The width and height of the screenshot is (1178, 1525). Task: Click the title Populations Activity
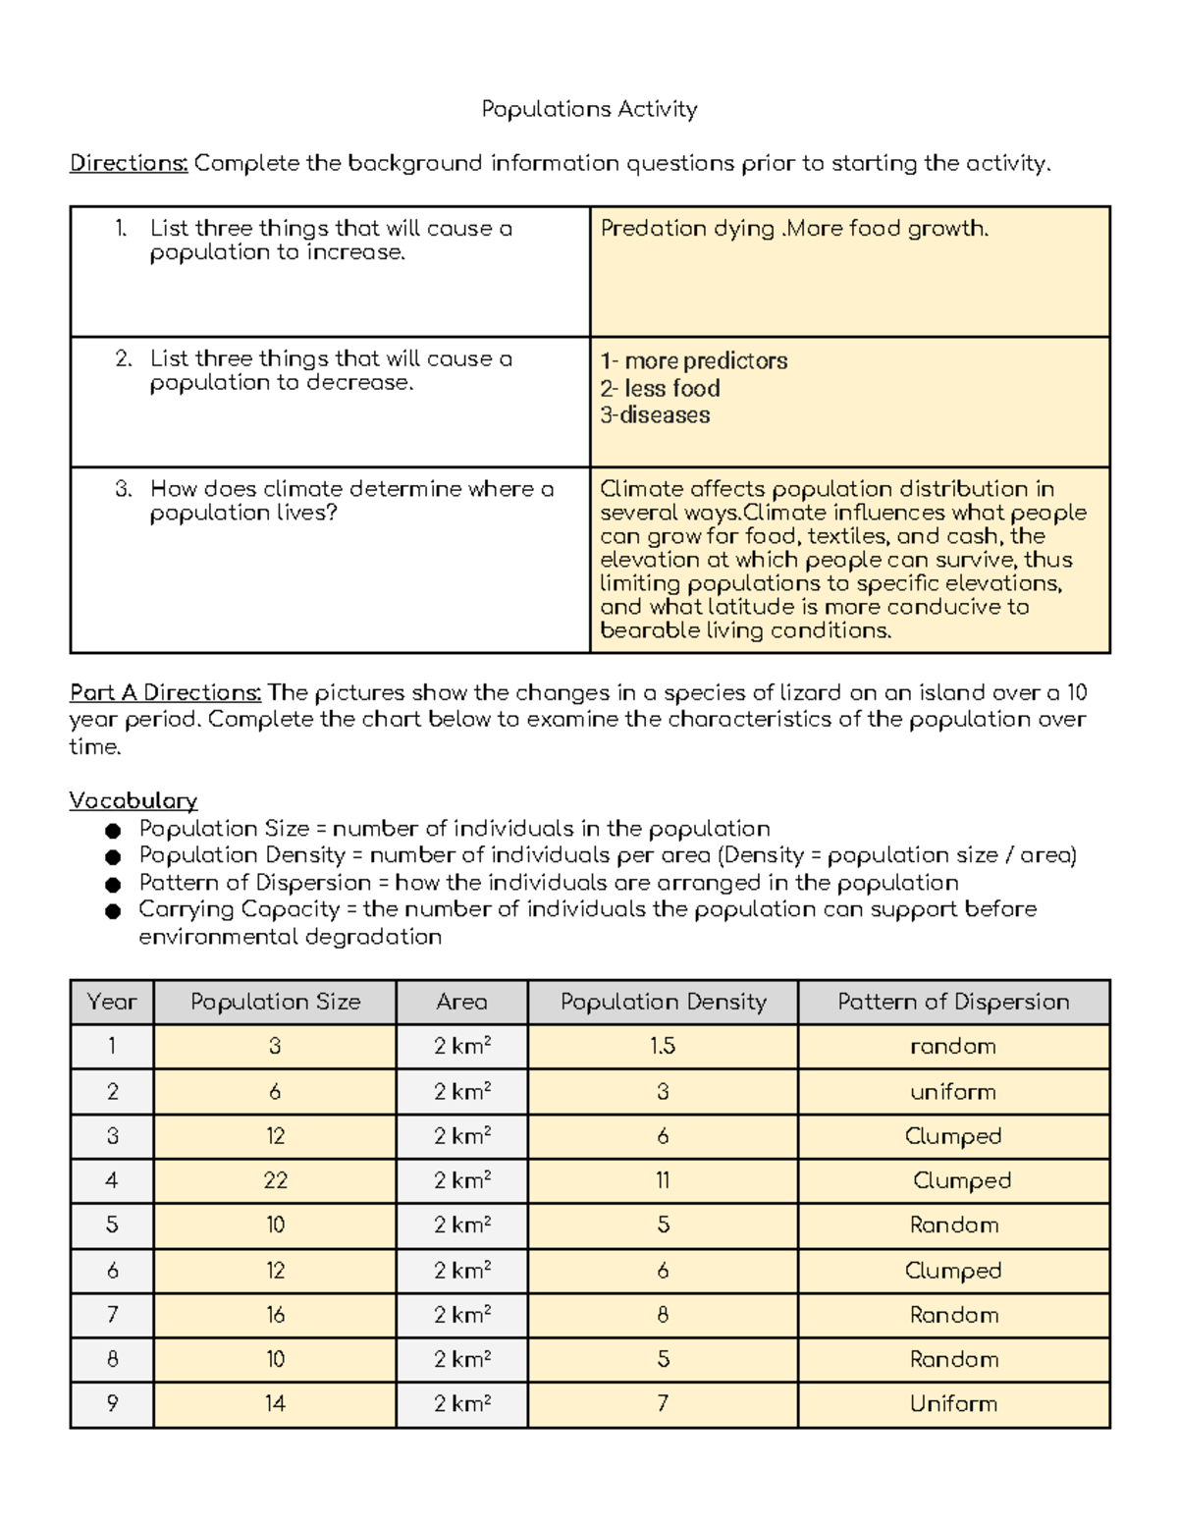click(x=589, y=109)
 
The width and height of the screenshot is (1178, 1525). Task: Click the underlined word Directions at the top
click(x=128, y=163)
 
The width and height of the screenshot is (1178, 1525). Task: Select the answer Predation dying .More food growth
click(x=794, y=229)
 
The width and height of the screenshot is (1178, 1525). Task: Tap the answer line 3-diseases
click(x=655, y=415)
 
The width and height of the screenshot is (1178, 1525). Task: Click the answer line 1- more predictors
click(x=693, y=361)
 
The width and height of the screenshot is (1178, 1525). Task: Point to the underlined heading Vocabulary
click(x=133, y=800)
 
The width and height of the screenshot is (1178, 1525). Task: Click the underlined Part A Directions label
click(x=165, y=692)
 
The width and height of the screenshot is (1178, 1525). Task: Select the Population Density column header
click(x=663, y=1002)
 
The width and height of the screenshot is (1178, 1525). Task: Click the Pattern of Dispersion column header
click(x=953, y=1002)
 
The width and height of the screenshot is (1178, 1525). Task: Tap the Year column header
click(x=112, y=1002)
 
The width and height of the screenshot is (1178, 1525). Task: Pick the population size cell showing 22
click(x=275, y=1180)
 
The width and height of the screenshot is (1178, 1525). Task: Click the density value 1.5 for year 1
click(x=663, y=1047)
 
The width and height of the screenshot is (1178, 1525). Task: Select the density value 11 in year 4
click(x=663, y=1180)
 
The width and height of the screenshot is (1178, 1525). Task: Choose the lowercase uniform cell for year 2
click(x=953, y=1092)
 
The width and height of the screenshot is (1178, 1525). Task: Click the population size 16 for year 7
click(x=275, y=1315)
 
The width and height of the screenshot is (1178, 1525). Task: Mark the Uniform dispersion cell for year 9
click(x=953, y=1404)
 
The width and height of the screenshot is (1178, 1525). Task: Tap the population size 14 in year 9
click(x=275, y=1404)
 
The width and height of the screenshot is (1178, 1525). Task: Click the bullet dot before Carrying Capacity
click(x=113, y=911)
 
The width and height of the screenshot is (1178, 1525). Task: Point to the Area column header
click(x=461, y=1002)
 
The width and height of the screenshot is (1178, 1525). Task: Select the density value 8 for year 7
click(x=663, y=1315)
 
